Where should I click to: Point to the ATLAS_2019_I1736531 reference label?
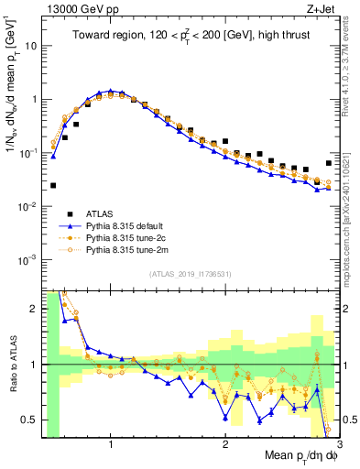coord(190,274)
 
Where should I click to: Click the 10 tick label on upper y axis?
coord(29,45)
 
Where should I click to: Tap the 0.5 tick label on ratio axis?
coord(27,420)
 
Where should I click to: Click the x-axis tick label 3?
coord(338,444)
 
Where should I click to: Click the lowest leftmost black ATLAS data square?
coord(53,185)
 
